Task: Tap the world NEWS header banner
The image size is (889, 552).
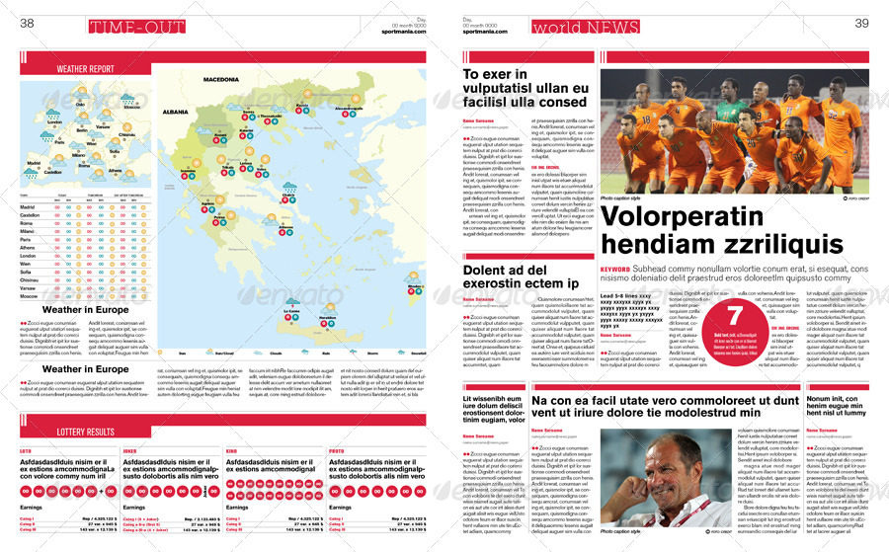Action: (x=572, y=27)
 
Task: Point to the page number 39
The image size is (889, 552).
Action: (x=861, y=25)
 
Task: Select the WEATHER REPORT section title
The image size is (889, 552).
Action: (x=85, y=70)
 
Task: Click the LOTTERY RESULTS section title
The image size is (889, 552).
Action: (x=85, y=432)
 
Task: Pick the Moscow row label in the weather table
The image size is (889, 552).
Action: (x=30, y=296)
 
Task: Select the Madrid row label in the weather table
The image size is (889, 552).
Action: (x=30, y=207)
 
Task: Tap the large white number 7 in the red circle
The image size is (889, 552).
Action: (x=735, y=317)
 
